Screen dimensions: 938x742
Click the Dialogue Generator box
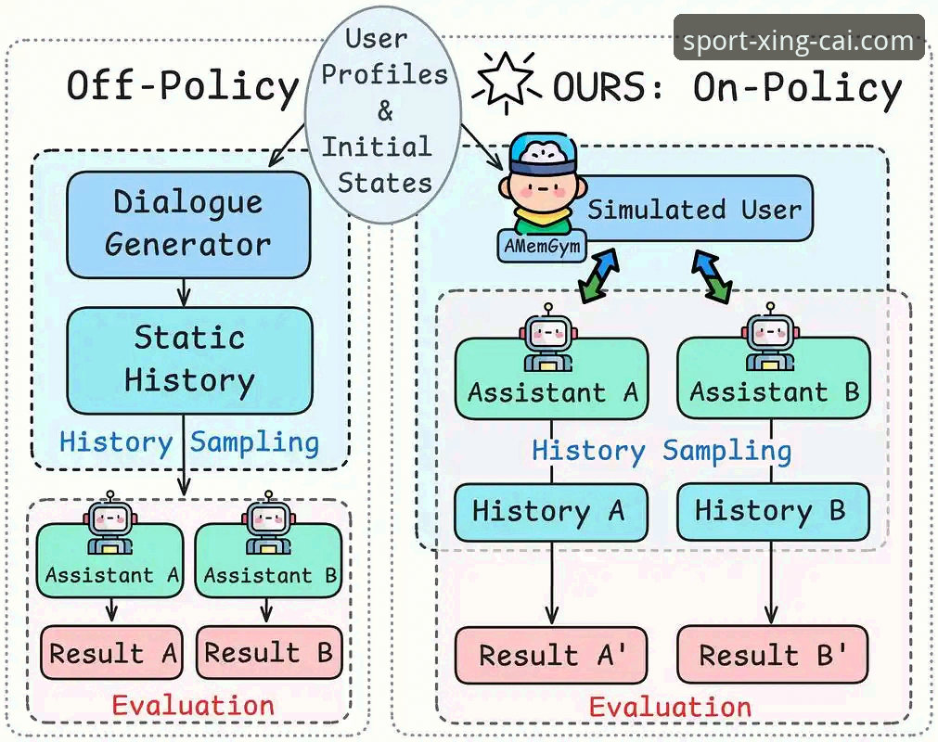click(x=188, y=224)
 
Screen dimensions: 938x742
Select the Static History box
click(x=189, y=361)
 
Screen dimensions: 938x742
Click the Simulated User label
click(x=694, y=210)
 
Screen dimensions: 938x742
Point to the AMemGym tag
click(x=542, y=246)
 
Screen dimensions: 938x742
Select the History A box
click(x=551, y=512)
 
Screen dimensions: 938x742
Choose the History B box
click(x=773, y=512)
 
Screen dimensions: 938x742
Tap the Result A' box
click(x=551, y=655)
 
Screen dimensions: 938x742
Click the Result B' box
click(x=772, y=654)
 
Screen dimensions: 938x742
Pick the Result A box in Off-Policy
click(x=111, y=652)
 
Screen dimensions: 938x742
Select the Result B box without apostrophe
click(x=269, y=652)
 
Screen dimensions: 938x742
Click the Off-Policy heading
click(x=183, y=86)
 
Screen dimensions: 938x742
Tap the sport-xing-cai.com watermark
click(x=799, y=39)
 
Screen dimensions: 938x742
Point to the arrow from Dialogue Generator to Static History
click(x=185, y=293)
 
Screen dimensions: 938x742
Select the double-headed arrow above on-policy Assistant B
click(x=712, y=275)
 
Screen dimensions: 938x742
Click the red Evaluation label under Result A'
click(x=670, y=707)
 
